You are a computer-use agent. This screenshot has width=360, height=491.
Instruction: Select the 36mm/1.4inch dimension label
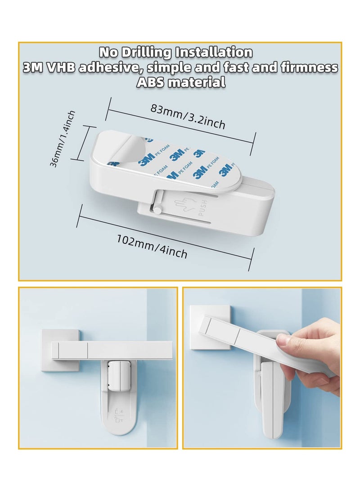click(x=63, y=139)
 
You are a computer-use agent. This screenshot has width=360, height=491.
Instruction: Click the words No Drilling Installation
click(x=176, y=52)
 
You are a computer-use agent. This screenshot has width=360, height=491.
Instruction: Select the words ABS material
click(x=180, y=82)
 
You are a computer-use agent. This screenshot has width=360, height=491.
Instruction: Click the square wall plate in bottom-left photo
click(x=60, y=350)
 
